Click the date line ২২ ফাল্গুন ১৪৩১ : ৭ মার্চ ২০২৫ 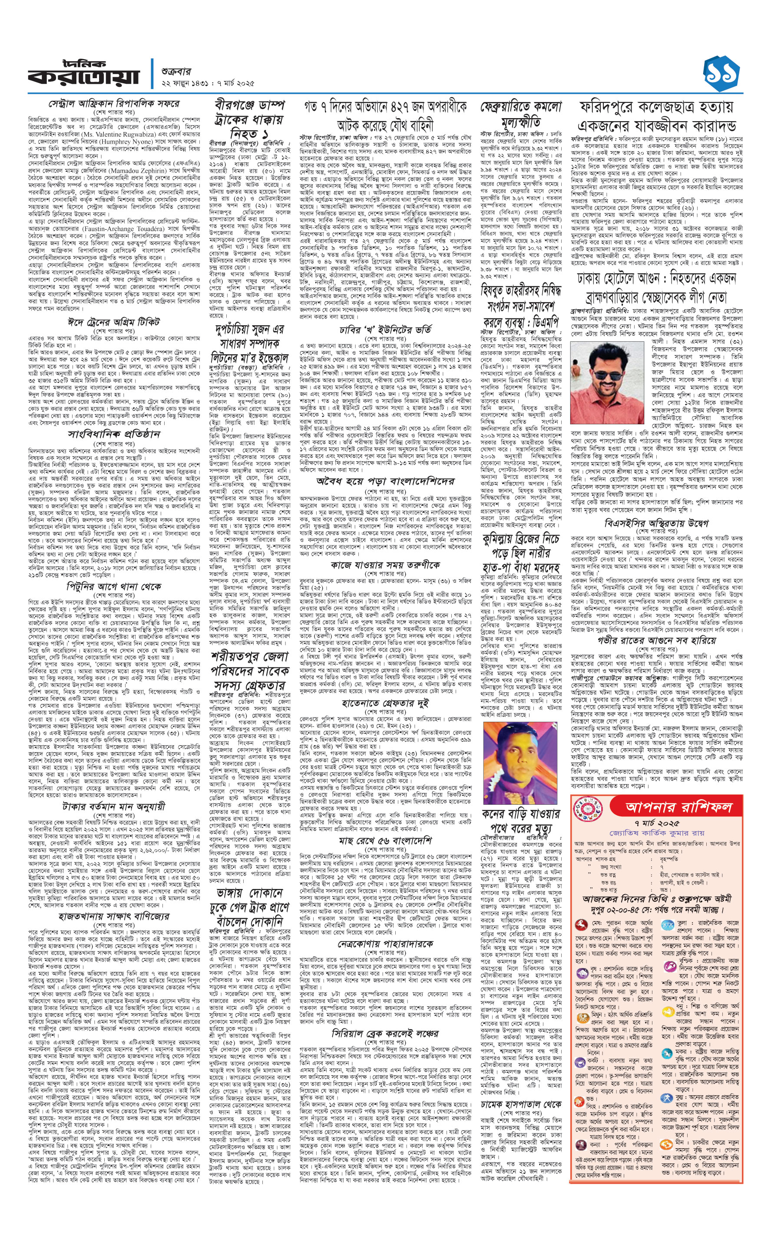(x=206, y=83)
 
